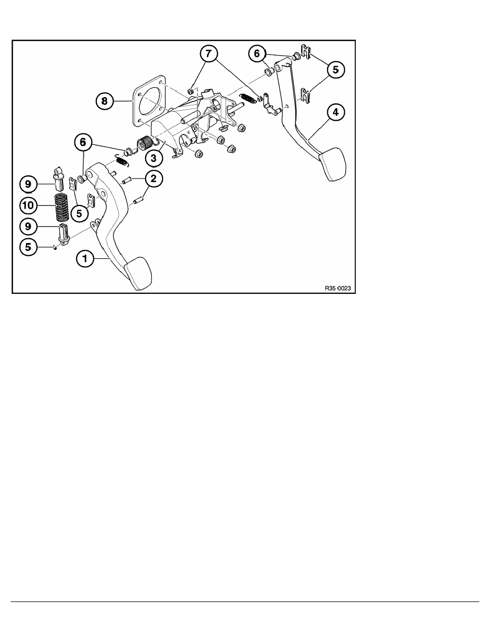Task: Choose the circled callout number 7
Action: click(x=208, y=53)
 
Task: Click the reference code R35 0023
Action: click(x=337, y=289)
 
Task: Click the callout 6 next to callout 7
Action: click(x=257, y=53)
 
